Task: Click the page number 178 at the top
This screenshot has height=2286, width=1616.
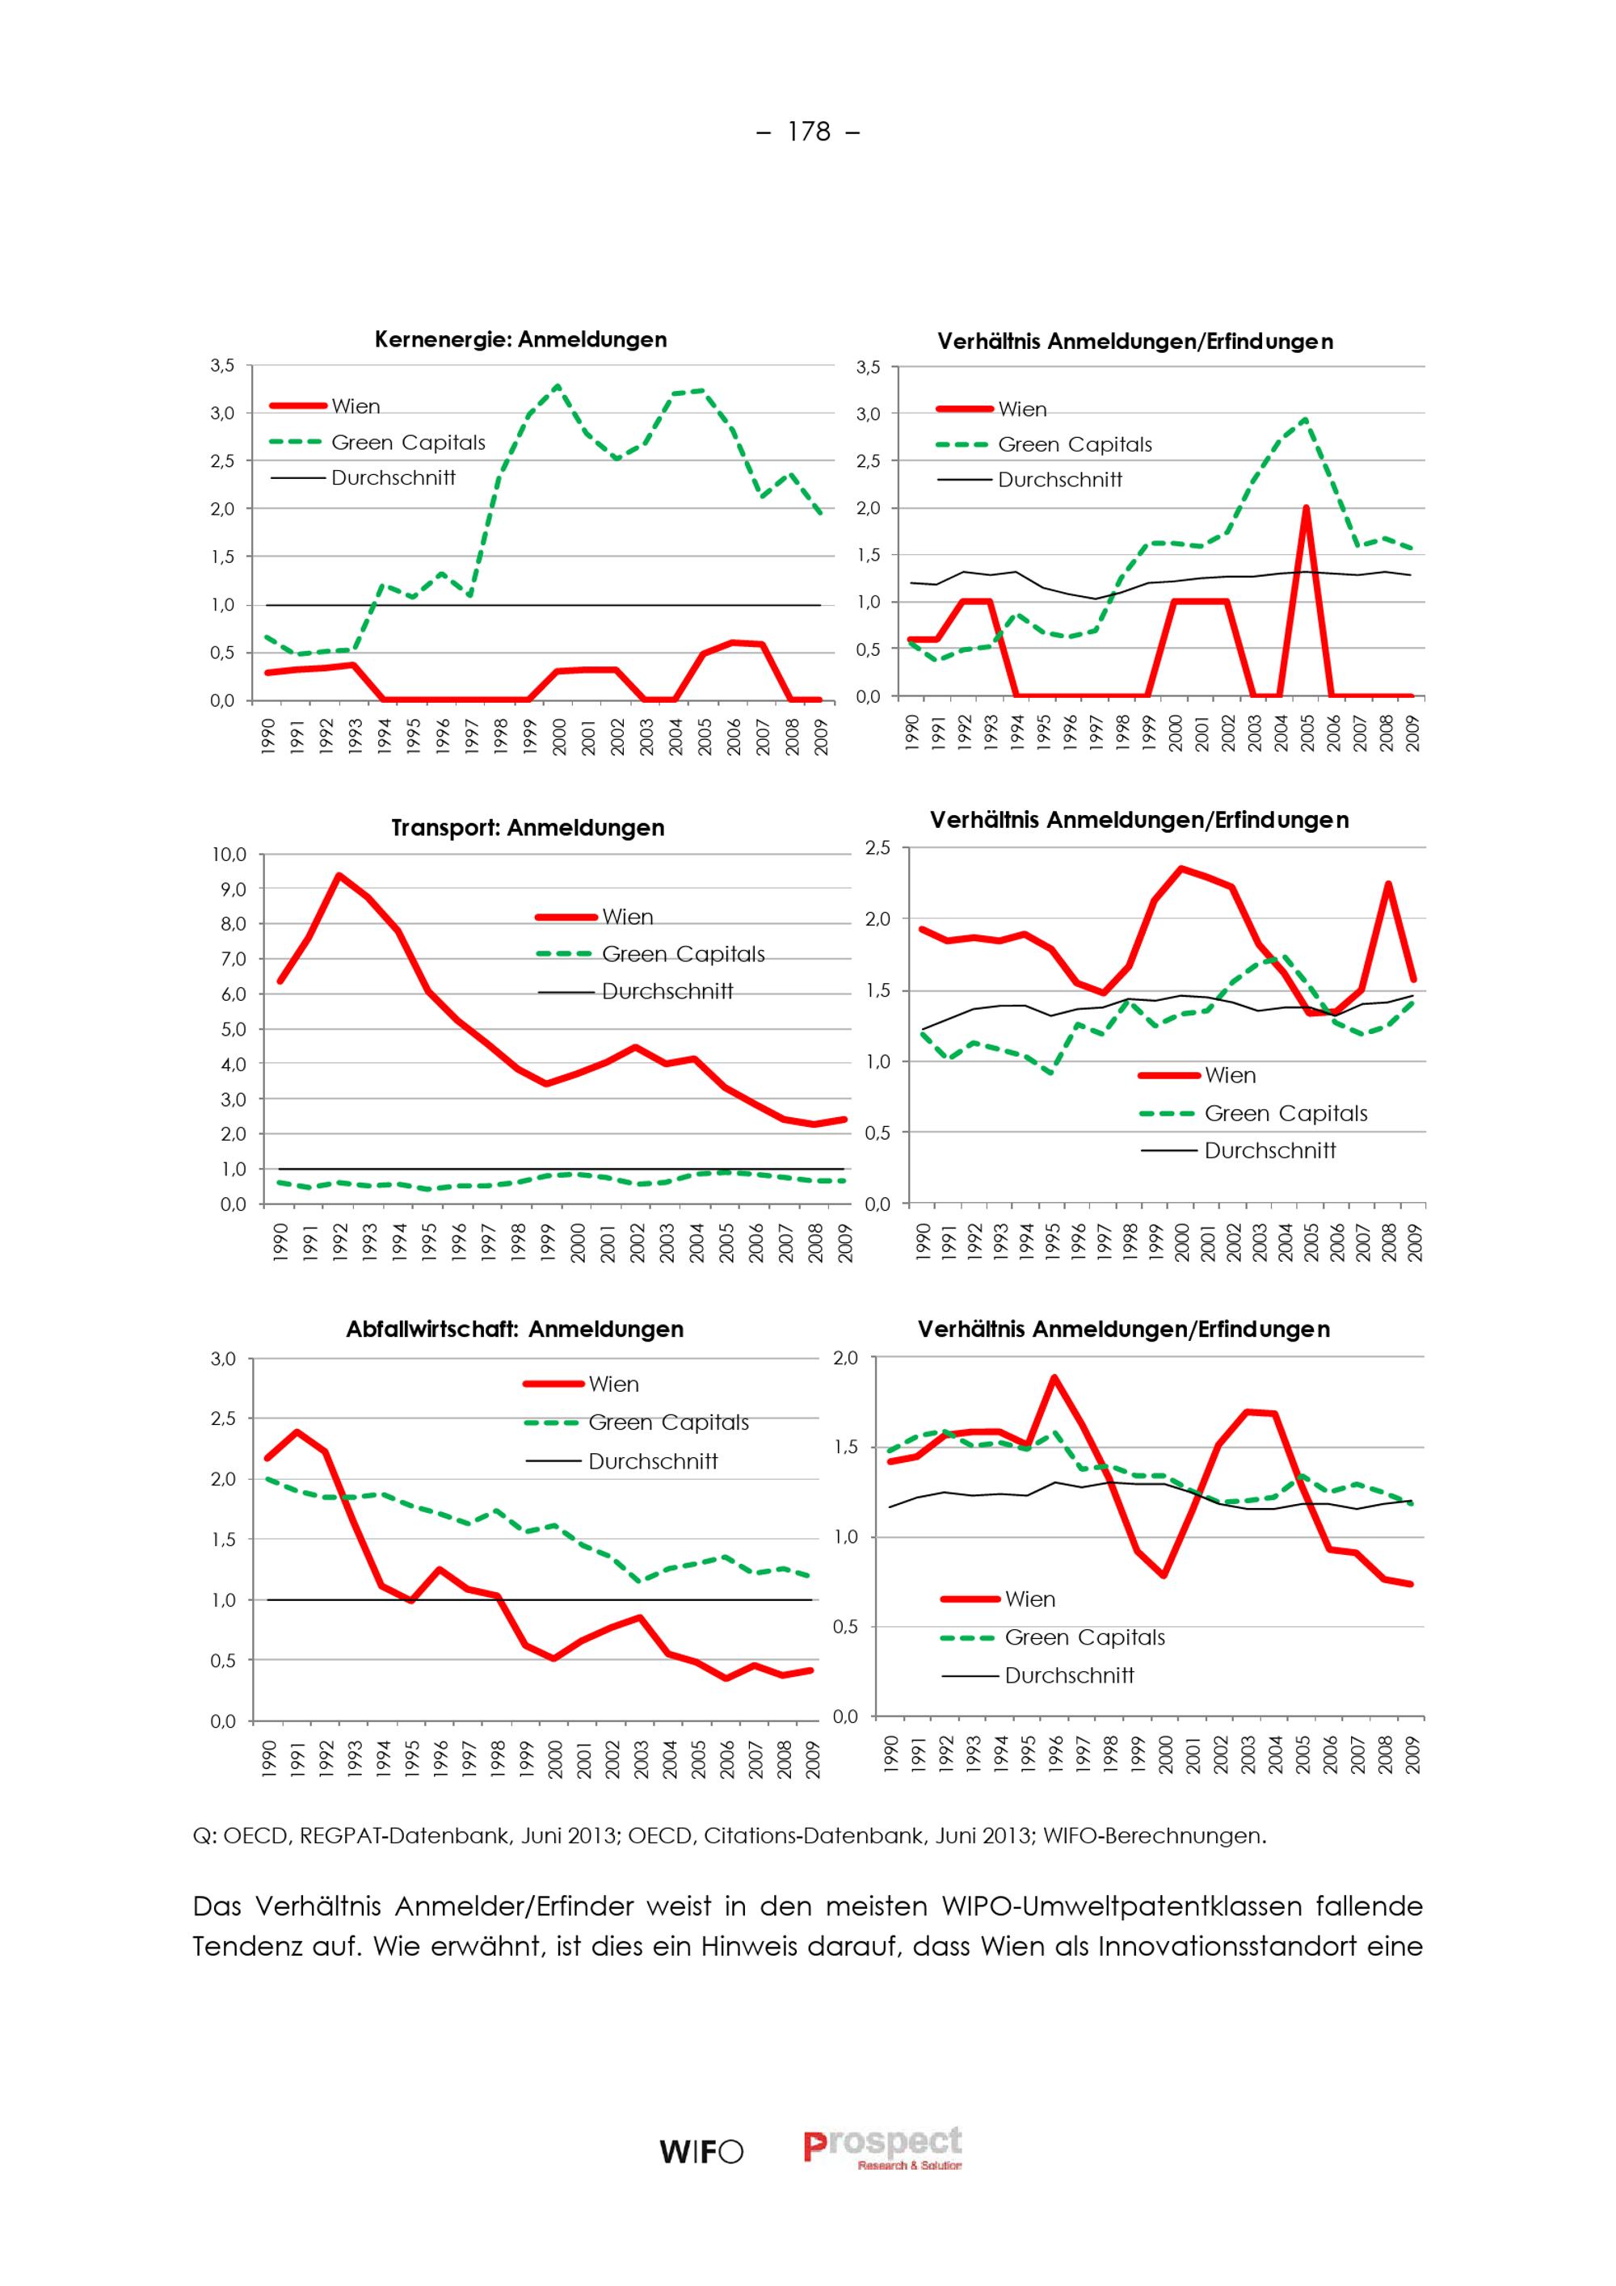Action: [809, 132]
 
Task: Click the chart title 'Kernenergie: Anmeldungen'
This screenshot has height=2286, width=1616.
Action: [520, 339]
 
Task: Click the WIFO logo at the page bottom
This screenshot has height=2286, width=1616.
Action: [701, 2153]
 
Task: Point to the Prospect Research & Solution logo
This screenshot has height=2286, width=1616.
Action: [883, 2149]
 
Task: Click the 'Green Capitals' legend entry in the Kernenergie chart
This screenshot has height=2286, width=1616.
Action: [377, 442]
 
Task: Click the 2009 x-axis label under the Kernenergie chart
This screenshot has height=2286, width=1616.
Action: [822, 736]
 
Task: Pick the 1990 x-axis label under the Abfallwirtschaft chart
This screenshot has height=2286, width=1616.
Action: [267, 1759]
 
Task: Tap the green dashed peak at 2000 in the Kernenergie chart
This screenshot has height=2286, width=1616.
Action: [557, 386]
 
